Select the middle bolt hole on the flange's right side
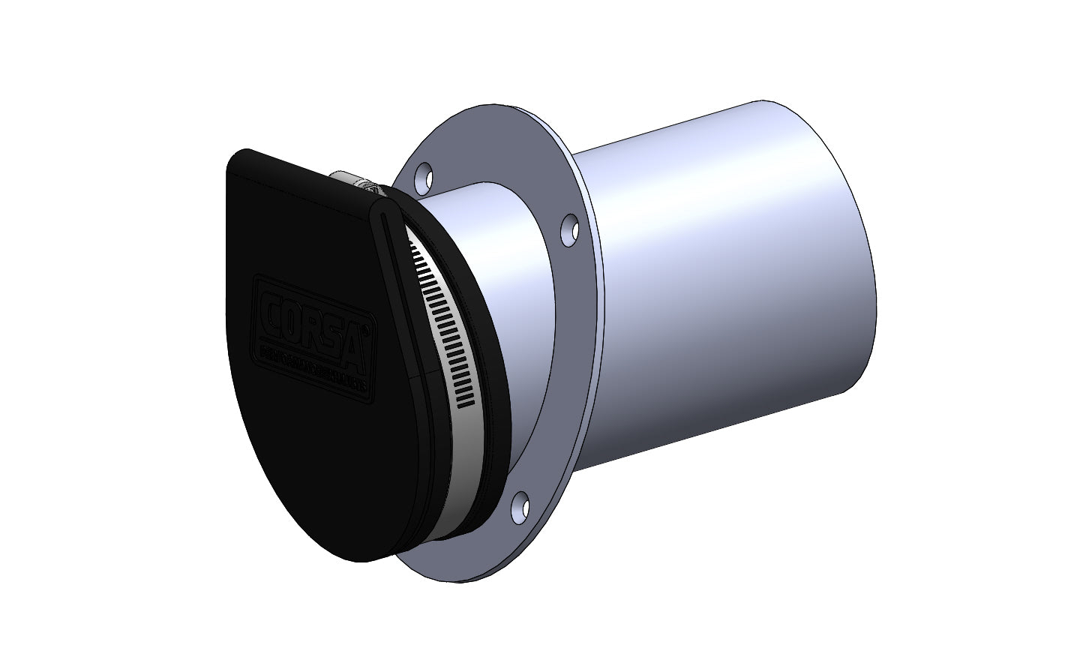[x=570, y=228]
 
